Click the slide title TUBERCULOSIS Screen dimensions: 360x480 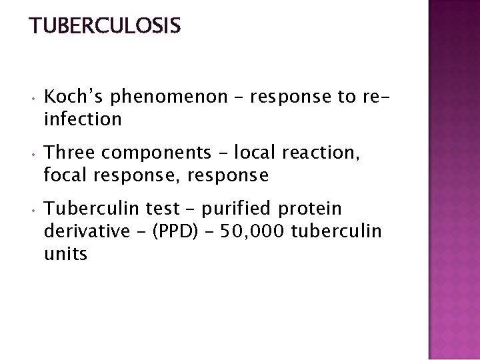coord(105,26)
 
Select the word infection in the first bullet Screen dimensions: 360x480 coord(82,119)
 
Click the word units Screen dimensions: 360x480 coord(65,253)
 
